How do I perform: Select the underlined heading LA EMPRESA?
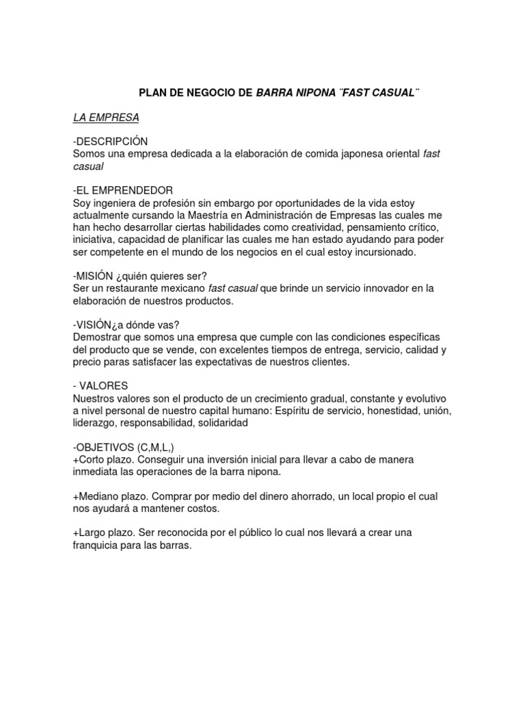coord(106,118)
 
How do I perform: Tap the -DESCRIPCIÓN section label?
coord(110,141)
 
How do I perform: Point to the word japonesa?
coord(365,154)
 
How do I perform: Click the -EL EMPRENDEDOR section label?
coord(123,190)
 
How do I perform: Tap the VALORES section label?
coord(103,386)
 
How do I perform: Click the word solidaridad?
coord(221,423)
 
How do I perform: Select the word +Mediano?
coord(98,496)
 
